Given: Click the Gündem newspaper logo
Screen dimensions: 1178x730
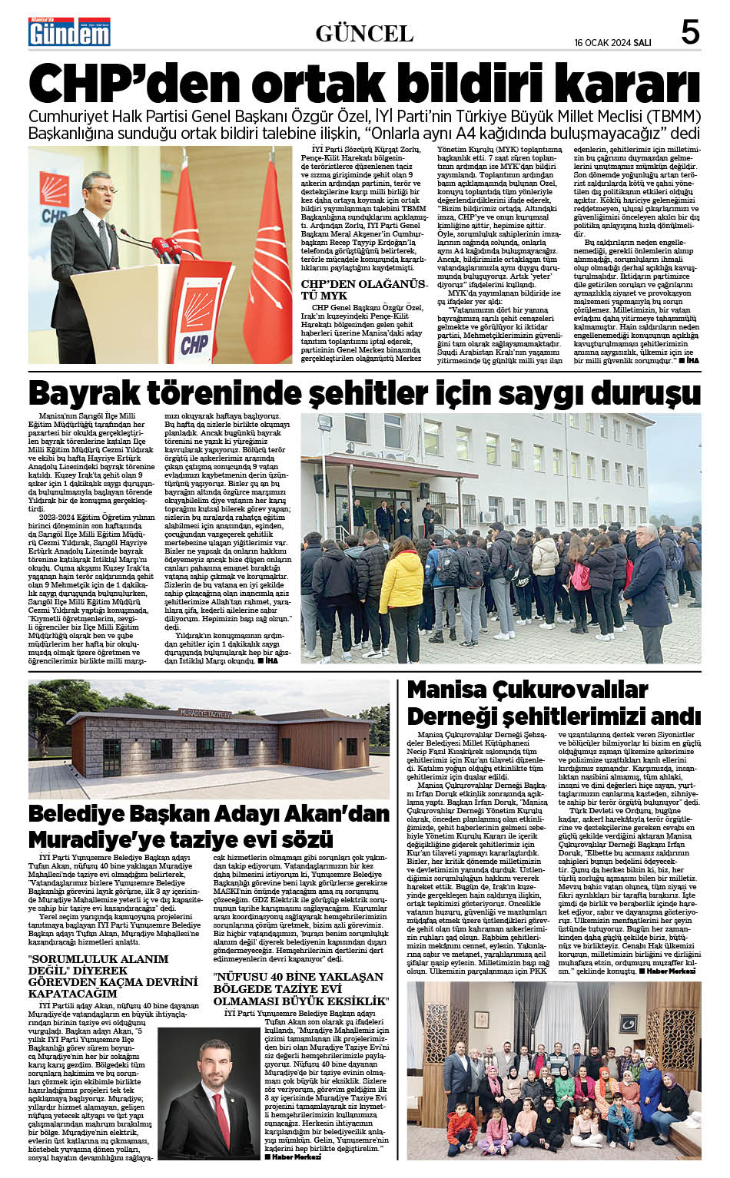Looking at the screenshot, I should click(69, 33).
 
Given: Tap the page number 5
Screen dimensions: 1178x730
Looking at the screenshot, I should click(690, 33).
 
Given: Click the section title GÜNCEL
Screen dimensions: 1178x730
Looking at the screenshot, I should click(364, 33).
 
